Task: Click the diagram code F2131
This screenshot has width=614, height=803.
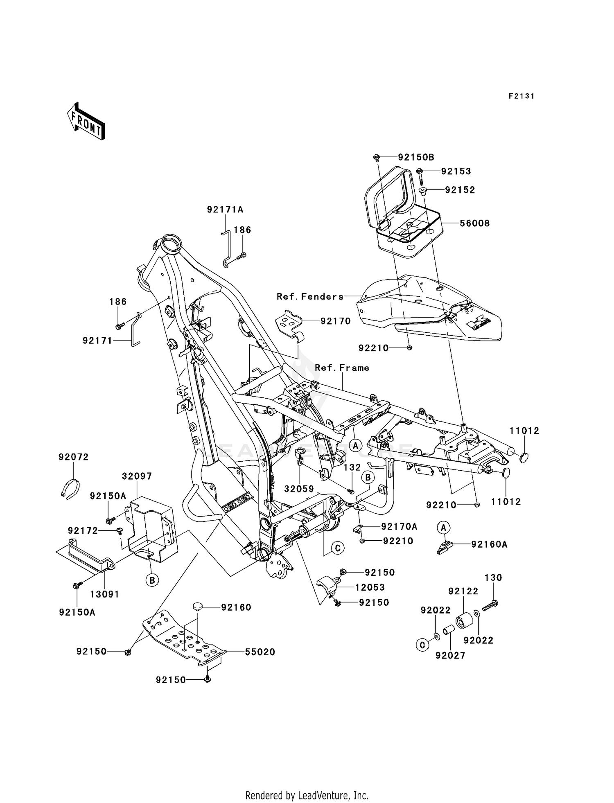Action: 521,96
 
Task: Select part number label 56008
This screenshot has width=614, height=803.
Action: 474,223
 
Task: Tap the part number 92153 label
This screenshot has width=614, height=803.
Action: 456,171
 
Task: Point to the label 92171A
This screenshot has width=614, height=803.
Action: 225,210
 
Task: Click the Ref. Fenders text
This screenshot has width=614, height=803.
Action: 310,296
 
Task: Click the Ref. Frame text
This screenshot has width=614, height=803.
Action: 342,368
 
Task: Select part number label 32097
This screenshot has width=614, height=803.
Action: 137,476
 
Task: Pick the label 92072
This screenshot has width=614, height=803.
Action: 73,457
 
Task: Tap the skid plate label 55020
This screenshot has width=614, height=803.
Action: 260,652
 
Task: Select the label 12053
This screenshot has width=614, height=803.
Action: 370,587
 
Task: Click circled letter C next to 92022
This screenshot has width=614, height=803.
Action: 422,645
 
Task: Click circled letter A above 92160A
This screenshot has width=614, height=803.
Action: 443,528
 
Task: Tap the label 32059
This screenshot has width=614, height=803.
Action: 299,489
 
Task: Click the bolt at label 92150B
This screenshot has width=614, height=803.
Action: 377,157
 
